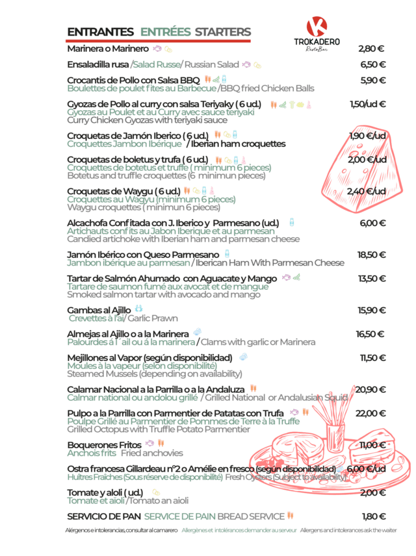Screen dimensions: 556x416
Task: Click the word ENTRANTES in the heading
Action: point(101,32)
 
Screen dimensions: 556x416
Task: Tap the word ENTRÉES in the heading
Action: point(166,32)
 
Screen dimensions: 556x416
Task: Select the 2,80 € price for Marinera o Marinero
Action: point(371,48)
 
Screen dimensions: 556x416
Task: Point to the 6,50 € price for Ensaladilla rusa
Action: point(372,64)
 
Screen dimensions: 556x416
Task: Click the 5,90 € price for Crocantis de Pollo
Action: point(372,81)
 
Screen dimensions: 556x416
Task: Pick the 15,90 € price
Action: point(371,310)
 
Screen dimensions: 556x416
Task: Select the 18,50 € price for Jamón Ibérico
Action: point(371,255)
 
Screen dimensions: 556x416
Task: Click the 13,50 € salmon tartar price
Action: point(371,279)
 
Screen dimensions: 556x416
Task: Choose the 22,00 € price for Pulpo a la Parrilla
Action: point(371,412)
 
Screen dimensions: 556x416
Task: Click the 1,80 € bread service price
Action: point(373,516)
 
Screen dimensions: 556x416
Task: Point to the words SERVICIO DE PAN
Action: point(103,516)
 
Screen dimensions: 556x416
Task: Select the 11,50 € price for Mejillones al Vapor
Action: point(372,358)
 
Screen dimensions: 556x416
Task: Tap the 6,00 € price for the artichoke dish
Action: point(372,223)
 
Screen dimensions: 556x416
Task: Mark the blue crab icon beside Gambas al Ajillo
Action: point(137,309)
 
